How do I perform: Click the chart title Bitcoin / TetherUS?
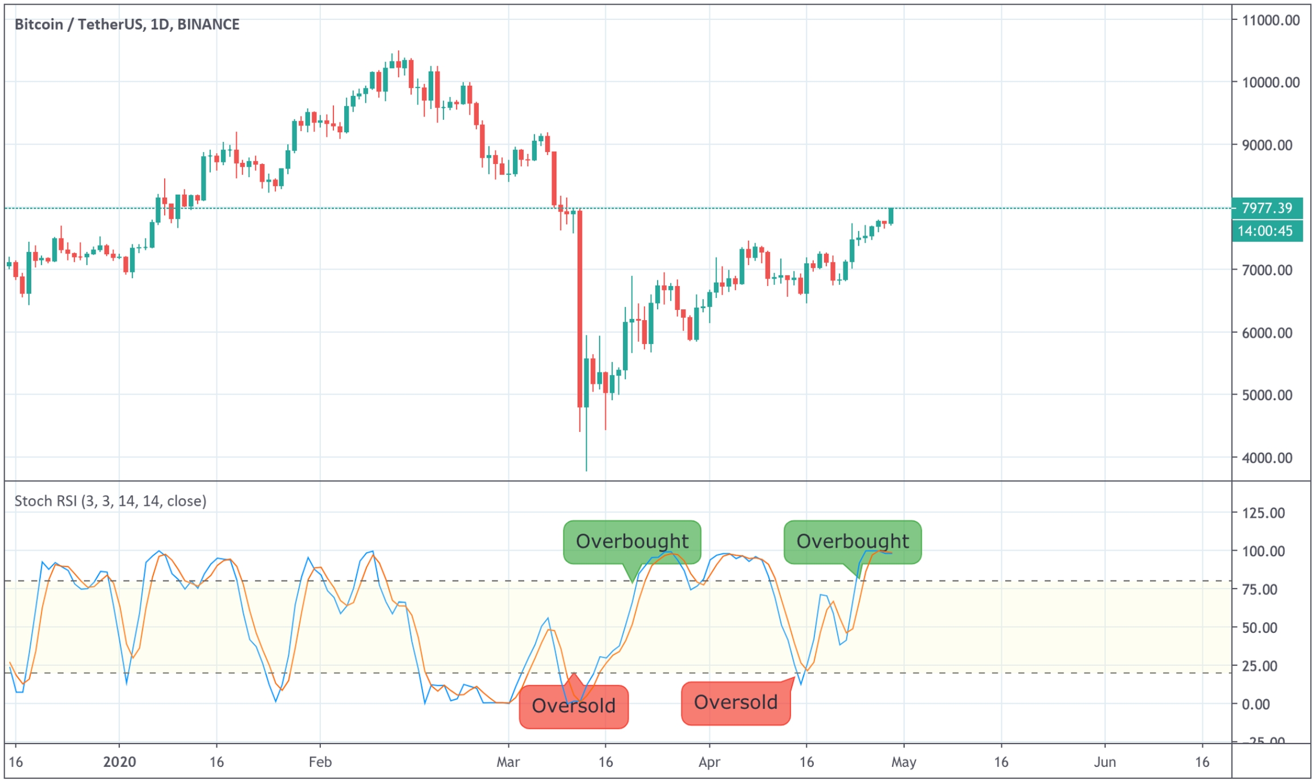pos(127,24)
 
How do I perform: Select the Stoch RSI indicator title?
pos(110,501)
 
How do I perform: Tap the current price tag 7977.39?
pos(1266,208)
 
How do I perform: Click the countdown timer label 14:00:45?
pos(1266,231)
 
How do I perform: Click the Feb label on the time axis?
pos(320,762)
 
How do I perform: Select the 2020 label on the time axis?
pos(120,762)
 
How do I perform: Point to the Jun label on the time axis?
pos(1104,762)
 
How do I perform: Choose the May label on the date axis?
pos(904,762)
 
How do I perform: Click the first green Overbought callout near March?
pos(632,542)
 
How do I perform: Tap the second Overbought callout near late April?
pos(852,542)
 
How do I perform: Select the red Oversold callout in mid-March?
pos(573,706)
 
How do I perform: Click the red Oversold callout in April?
pos(735,702)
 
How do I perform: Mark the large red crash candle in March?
pos(580,308)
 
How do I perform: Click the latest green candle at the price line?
pos(891,216)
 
